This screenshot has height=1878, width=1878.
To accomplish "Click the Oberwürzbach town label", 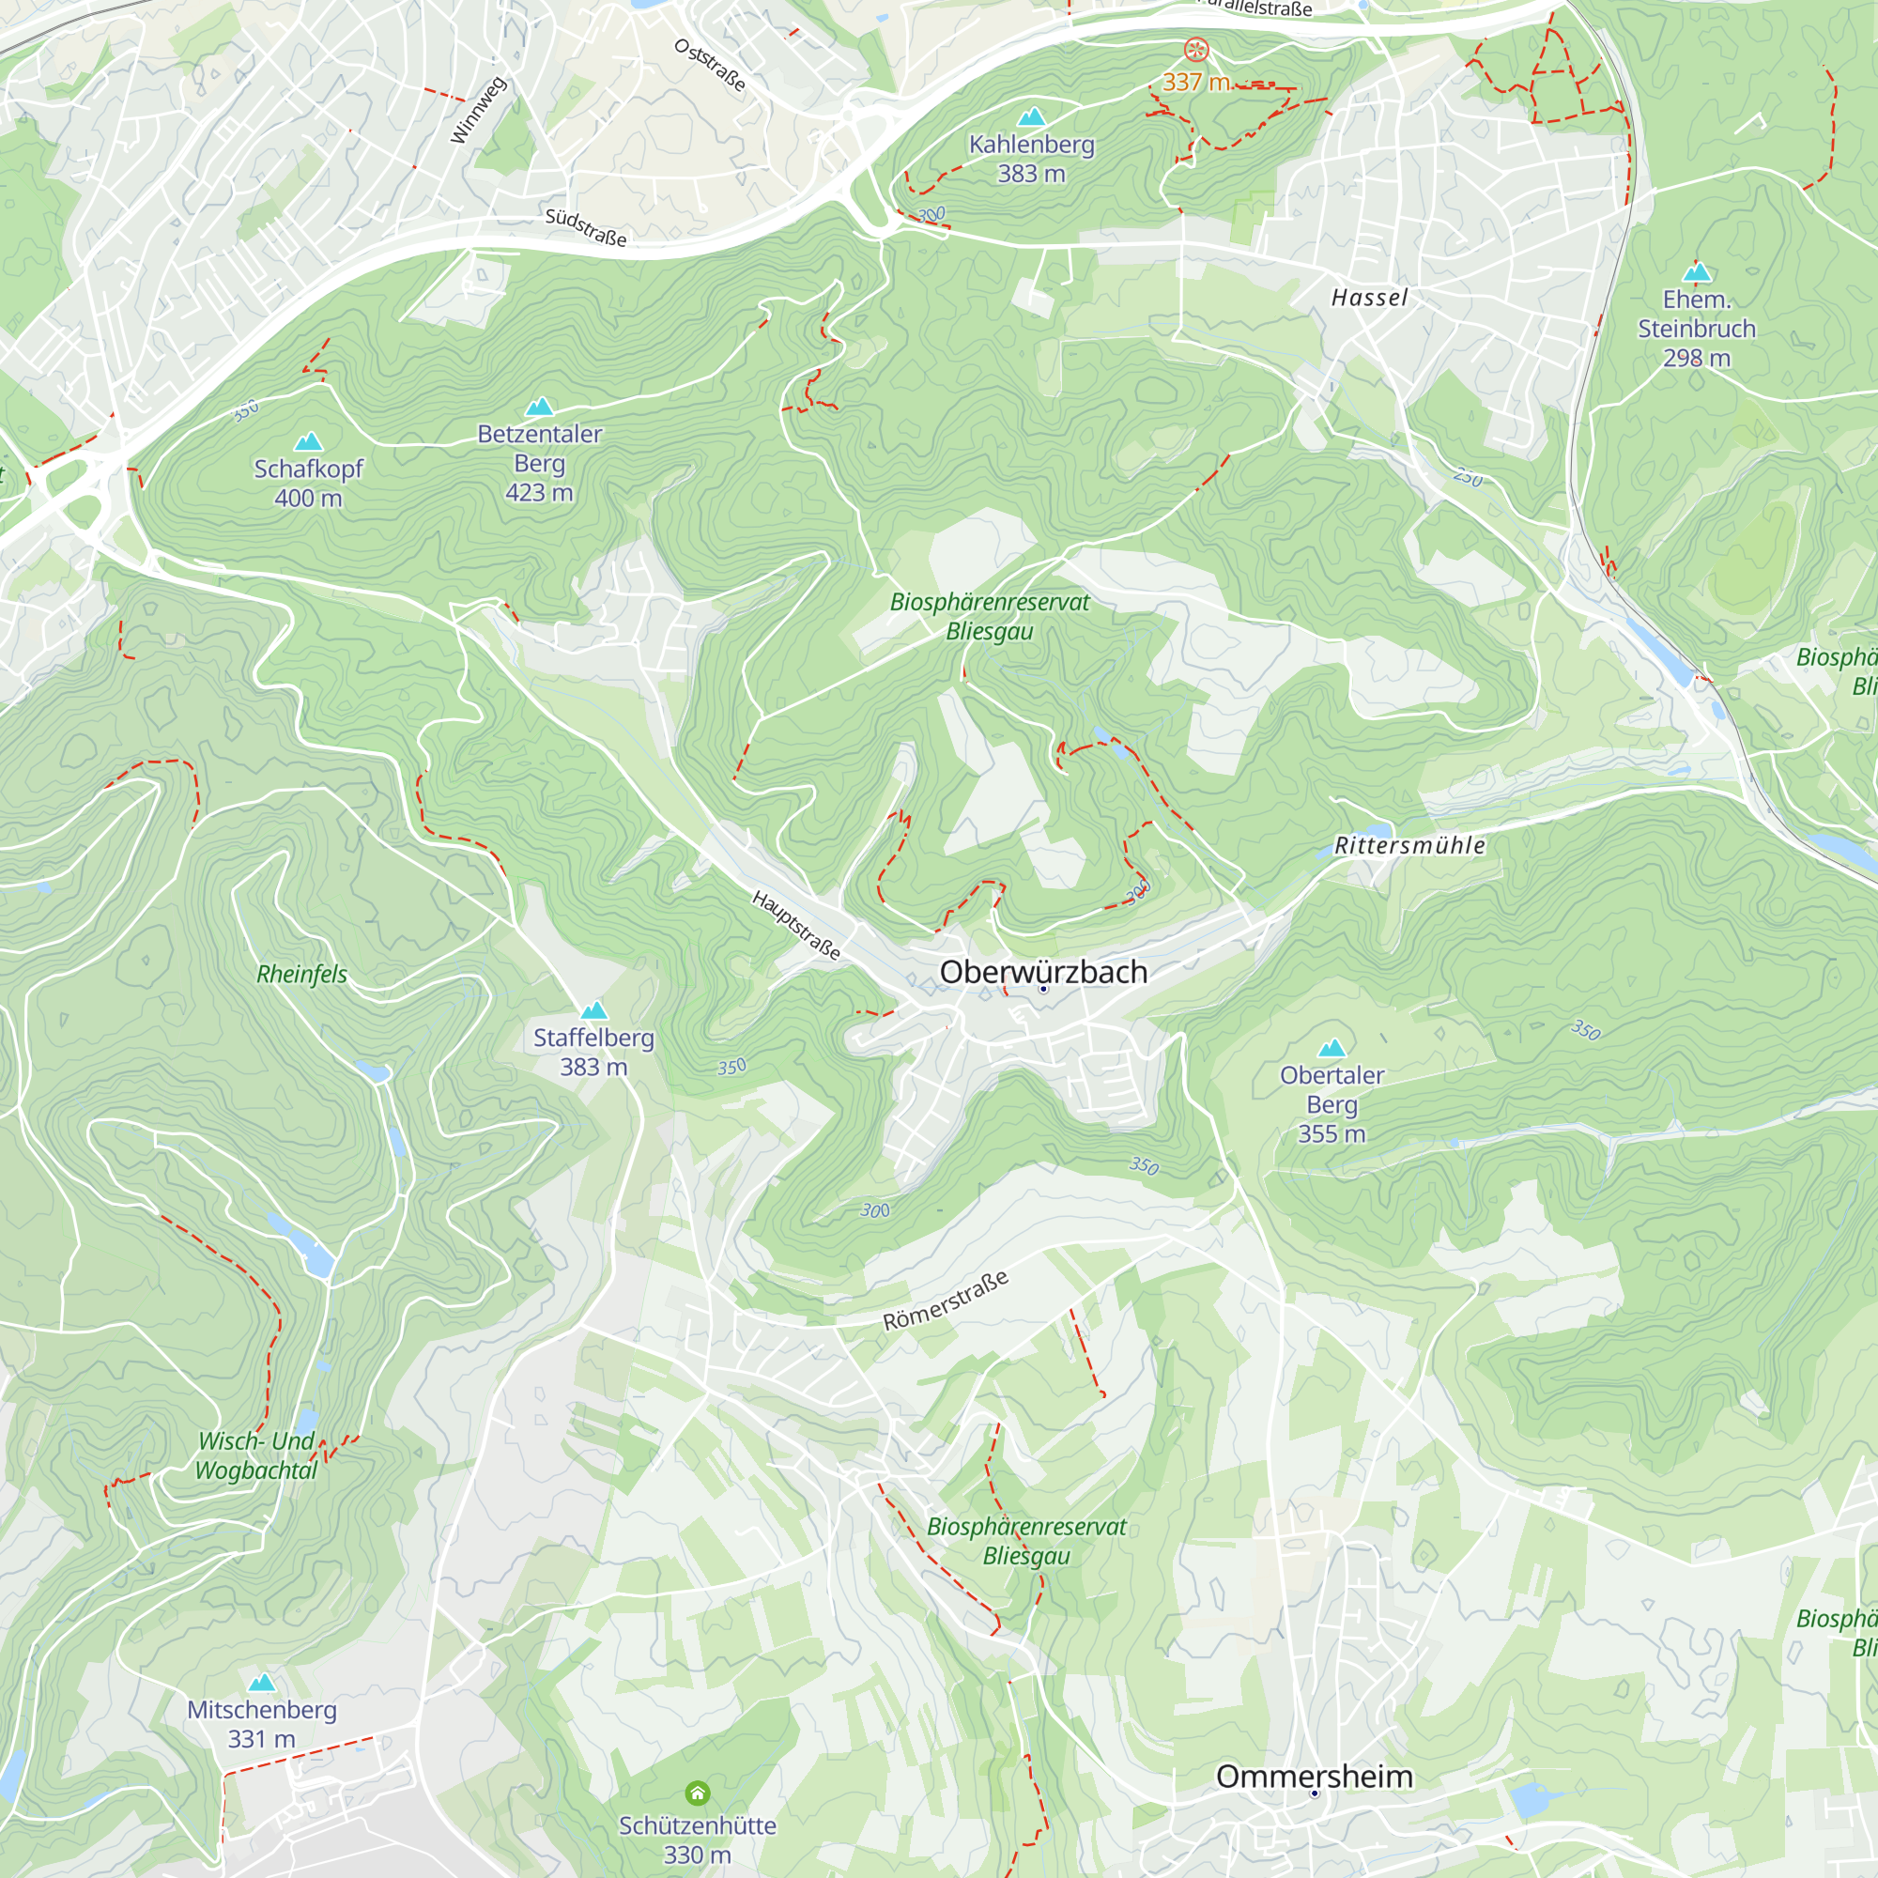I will (1043, 972).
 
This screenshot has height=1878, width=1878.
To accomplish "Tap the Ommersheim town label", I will (1315, 1776).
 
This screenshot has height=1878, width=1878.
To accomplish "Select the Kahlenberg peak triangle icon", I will (1031, 116).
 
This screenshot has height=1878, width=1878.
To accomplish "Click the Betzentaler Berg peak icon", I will (540, 407).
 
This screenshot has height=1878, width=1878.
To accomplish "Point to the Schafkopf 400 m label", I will (308, 483).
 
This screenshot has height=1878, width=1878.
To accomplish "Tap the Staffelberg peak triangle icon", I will (594, 1010).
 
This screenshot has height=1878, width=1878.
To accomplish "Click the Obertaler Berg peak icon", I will (1332, 1048).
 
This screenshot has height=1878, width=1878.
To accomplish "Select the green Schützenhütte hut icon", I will (697, 1793).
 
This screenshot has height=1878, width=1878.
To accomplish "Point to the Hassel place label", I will (1369, 298).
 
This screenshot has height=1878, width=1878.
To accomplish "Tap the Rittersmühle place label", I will (1409, 846).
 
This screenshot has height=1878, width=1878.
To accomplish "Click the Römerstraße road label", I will (945, 1301).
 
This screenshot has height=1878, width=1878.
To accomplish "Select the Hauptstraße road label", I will (796, 924).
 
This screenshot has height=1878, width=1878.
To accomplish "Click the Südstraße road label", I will (585, 226).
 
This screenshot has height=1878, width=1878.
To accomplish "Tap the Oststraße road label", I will (711, 65).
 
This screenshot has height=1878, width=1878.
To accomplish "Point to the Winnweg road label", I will (478, 111).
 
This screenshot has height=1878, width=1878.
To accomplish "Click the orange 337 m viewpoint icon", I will (1196, 49).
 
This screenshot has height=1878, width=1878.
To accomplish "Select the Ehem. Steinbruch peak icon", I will (1697, 271).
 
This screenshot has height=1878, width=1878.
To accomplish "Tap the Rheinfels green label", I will (301, 974).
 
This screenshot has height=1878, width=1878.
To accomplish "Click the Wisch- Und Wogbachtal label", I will (256, 1455).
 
